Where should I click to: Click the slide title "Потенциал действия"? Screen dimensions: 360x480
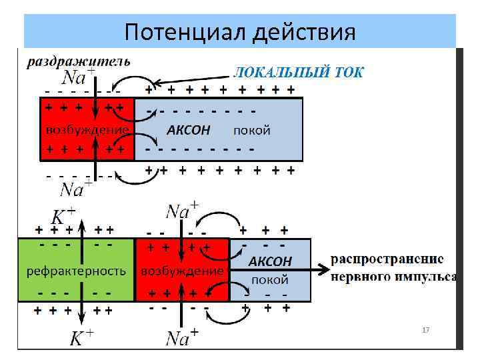pos(240,31)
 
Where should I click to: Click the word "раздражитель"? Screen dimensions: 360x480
pos(78,62)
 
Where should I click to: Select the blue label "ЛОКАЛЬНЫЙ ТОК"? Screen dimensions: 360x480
pos(297,72)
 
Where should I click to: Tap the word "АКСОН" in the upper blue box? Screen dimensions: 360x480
pos(188,130)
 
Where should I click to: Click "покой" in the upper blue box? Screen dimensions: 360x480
pos(252,131)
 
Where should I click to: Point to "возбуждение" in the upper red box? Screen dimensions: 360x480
pos(87,129)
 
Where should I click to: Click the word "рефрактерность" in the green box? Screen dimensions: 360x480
pos(75,271)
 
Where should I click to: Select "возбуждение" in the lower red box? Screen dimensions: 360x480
pos(182,271)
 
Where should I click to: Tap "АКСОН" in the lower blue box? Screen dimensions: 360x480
pos(270,261)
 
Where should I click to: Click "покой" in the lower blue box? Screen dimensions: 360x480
pos(270,279)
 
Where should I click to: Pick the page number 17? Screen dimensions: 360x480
pos(425,330)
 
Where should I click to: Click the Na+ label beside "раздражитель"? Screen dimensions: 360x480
pos(76,75)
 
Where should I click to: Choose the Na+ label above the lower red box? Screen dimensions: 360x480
pos(182,212)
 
